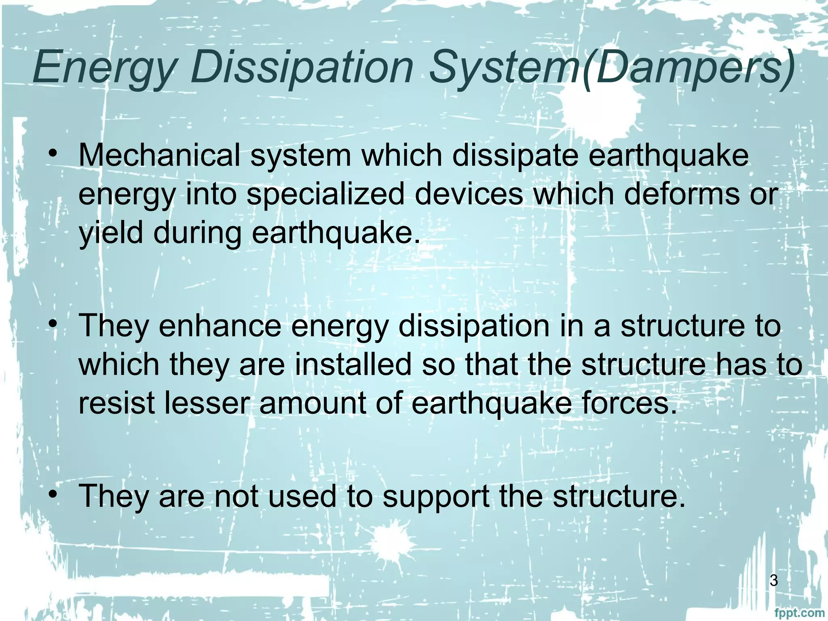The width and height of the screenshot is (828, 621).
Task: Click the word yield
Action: pyautogui.click(x=110, y=234)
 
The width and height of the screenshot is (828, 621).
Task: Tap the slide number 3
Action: pyautogui.click(x=773, y=581)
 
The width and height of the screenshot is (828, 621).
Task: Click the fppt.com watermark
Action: pyautogui.click(x=802, y=613)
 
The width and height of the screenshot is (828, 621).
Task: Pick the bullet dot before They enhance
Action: pyautogui.click(x=52, y=323)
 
